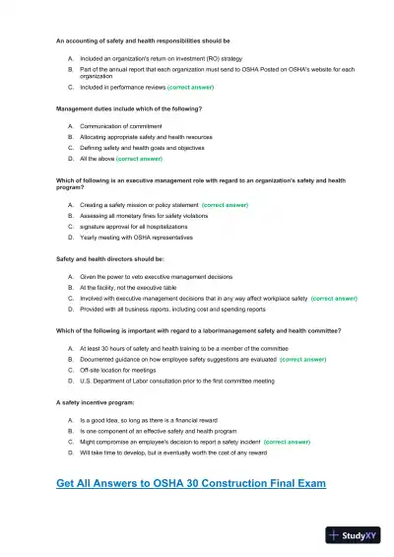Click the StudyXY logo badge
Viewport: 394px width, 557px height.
356,536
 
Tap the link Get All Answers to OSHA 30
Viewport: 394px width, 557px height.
191,483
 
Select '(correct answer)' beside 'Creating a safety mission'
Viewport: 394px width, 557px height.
225,204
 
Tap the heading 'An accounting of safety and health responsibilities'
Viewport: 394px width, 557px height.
143,41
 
